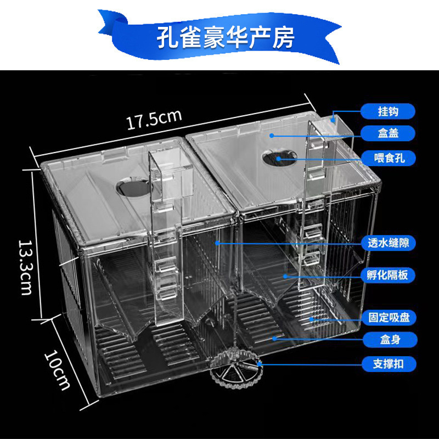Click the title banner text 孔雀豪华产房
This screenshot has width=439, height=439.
226,37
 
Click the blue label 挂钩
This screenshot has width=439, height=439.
388,111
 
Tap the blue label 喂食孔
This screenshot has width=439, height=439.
388,159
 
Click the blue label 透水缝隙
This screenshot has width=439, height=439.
388,242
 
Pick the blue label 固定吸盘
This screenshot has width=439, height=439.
388,317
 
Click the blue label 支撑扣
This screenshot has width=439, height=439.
388,364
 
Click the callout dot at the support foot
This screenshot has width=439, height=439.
260,364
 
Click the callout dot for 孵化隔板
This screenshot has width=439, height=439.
285,276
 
